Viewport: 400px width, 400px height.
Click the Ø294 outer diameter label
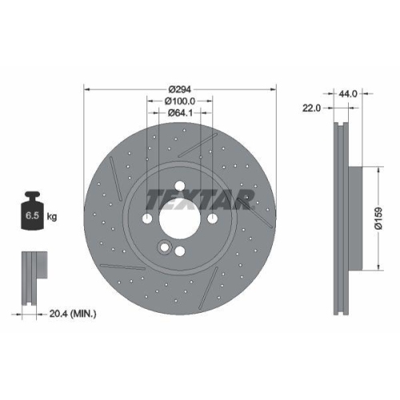[180, 89]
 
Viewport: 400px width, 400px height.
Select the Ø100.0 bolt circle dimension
[180, 101]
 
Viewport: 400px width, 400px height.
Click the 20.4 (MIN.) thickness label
[73, 314]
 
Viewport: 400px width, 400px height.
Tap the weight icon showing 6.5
[33, 211]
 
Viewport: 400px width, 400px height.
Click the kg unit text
[52, 216]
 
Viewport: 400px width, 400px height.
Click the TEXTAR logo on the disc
[201, 198]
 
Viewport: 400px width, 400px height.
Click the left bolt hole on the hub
[148, 218]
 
